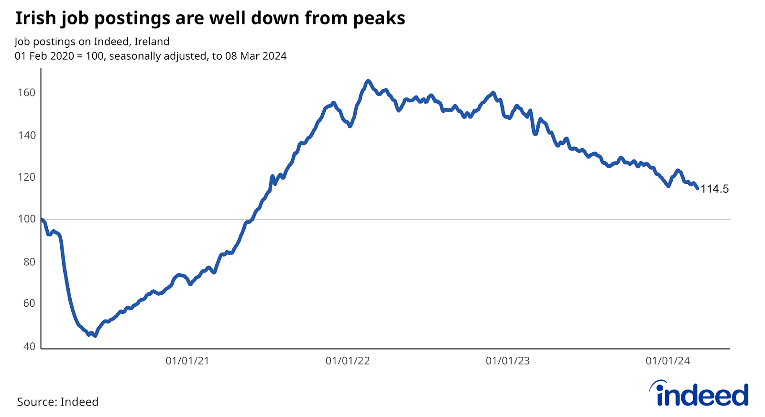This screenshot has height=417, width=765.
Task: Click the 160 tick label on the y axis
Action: coord(26,93)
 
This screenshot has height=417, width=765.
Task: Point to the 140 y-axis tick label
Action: coord(26,135)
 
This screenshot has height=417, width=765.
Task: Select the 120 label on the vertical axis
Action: coord(26,177)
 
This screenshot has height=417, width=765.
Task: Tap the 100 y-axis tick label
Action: coord(26,219)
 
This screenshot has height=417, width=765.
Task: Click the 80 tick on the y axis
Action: coord(29,262)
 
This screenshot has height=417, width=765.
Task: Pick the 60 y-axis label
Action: coord(29,303)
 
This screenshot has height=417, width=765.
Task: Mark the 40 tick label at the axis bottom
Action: coord(29,346)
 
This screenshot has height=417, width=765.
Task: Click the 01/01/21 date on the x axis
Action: coord(187,361)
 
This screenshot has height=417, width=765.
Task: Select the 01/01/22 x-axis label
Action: coord(348,361)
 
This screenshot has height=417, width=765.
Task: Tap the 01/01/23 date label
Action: coord(508,361)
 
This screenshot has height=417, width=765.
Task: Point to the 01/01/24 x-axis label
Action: coord(668,361)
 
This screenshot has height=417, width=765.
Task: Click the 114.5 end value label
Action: coord(714,189)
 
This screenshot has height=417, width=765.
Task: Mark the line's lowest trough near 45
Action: coord(95,336)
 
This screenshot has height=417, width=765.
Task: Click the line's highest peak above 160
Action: coord(367,81)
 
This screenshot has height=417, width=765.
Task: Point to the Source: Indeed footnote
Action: coord(58,402)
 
